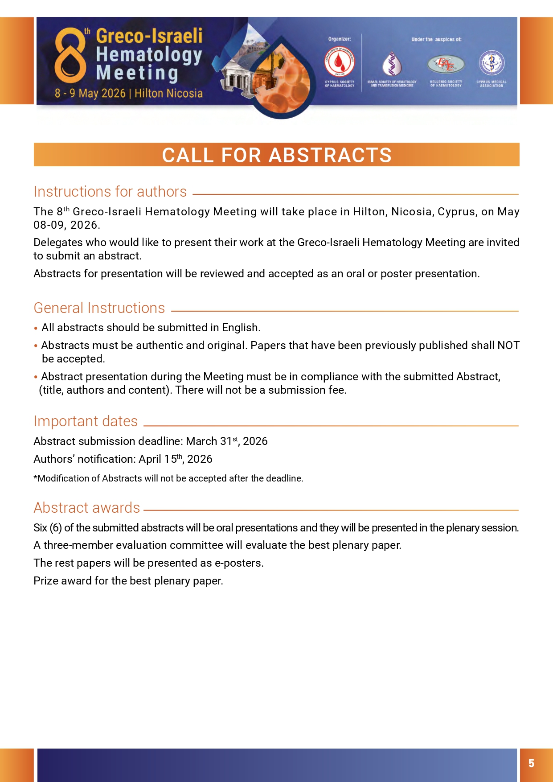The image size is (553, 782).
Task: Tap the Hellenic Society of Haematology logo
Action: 446,64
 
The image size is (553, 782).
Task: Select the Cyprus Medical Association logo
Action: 492,63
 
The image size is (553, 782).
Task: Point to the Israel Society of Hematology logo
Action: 392,64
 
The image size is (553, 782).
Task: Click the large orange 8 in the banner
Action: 70,55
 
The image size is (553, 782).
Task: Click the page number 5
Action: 531,763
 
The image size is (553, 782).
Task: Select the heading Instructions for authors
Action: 110,192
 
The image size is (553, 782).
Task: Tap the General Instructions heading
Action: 99,308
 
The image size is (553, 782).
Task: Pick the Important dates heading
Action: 86,421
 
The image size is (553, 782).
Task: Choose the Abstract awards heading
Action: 87,508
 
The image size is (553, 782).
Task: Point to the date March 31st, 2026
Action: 227,441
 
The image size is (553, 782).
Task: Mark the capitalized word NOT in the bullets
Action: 508,346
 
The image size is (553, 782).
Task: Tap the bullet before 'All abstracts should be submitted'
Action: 36,329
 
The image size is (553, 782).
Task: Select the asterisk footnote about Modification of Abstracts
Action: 168,478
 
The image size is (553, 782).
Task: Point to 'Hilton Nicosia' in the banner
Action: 168,94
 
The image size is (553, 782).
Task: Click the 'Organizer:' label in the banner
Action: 340,39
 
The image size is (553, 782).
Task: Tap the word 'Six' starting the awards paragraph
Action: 40,528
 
